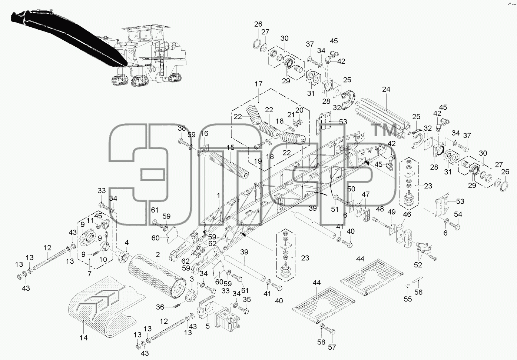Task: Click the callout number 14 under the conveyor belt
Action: coord(83,338)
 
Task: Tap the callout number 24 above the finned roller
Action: coord(386,89)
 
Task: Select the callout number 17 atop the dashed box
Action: coord(259,84)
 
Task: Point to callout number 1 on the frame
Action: coord(218,196)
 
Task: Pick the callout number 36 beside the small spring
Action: coord(160,307)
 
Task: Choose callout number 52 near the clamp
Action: coord(418,265)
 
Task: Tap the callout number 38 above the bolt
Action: coord(182,128)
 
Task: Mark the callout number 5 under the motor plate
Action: coord(208,326)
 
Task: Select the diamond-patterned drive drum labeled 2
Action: coord(157,277)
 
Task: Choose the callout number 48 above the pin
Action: coord(380,209)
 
